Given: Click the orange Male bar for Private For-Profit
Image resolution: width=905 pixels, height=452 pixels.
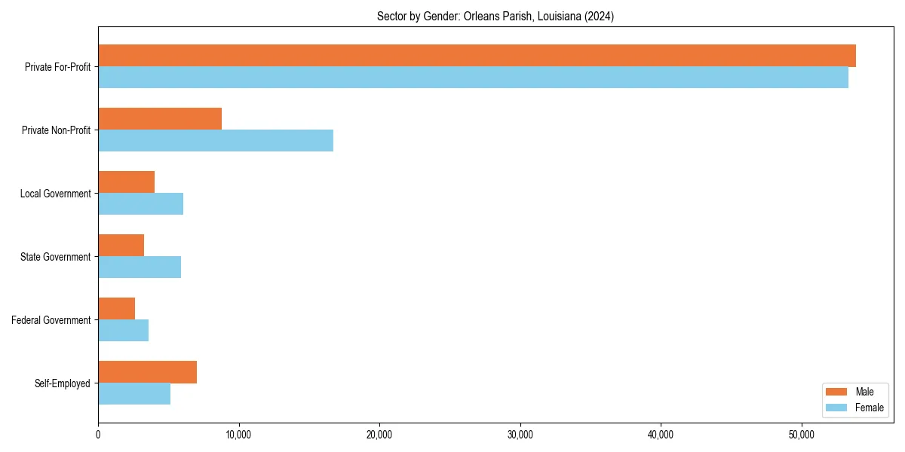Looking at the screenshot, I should point(477,56).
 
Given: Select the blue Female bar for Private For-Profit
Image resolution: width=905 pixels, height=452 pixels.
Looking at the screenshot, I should point(473,78).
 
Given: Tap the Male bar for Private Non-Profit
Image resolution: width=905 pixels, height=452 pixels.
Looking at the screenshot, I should point(160,119).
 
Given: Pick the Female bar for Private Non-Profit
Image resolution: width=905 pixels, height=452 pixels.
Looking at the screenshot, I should point(216,141).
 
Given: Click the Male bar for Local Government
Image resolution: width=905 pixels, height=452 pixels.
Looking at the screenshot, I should point(126,182).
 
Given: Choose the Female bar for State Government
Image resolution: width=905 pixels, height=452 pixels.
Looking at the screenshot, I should point(140,267).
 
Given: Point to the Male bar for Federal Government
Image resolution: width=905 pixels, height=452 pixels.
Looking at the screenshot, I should point(116,309).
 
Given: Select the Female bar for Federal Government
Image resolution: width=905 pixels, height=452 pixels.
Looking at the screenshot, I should point(123,331).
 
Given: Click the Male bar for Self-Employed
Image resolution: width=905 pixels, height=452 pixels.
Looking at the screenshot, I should point(147,372).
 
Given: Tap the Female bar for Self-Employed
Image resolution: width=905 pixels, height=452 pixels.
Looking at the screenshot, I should point(134,394).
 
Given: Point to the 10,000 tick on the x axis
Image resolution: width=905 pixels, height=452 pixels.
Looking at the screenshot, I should point(238,435).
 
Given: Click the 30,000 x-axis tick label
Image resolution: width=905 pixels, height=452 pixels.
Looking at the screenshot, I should point(520,435).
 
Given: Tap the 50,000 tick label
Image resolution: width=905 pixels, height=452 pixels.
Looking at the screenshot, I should point(801,435).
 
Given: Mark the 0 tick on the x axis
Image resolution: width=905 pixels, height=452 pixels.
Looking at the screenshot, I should point(98,435).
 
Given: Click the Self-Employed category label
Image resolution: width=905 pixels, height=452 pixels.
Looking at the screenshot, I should point(63,383).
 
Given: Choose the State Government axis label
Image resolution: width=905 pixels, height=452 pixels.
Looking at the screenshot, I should point(56,257).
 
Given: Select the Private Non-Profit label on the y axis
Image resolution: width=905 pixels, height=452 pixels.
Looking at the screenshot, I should point(57,130).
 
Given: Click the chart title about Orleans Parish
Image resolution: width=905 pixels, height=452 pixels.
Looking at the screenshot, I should point(495,17).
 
